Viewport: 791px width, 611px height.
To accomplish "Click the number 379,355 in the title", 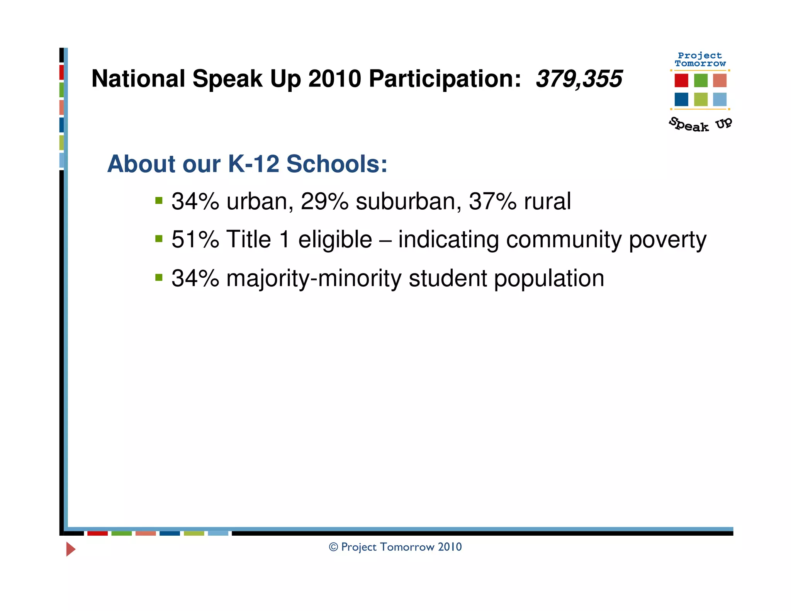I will point(579,79).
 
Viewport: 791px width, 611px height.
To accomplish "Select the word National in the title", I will point(138,79).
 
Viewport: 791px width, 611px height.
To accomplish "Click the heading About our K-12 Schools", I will point(247,164).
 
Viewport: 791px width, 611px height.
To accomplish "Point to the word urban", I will point(257,201).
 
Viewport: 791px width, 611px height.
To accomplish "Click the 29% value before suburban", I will point(324,201).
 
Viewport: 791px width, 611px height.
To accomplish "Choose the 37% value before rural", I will point(492,201).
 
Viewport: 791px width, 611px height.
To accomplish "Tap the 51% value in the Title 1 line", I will point(195,239).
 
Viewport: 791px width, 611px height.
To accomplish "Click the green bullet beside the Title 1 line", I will point(159,239).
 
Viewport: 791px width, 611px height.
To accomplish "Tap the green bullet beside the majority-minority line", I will point(159,277).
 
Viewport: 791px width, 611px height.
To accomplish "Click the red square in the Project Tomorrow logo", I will point(681,80).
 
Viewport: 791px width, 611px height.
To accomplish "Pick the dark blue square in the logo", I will point(681,99).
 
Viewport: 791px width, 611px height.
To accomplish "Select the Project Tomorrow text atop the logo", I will point(700,59).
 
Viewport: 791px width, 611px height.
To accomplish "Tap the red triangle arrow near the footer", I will point(70,549).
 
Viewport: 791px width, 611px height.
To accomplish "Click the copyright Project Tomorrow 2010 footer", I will point(395,547).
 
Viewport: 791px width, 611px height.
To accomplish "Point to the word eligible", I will point(335,239).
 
